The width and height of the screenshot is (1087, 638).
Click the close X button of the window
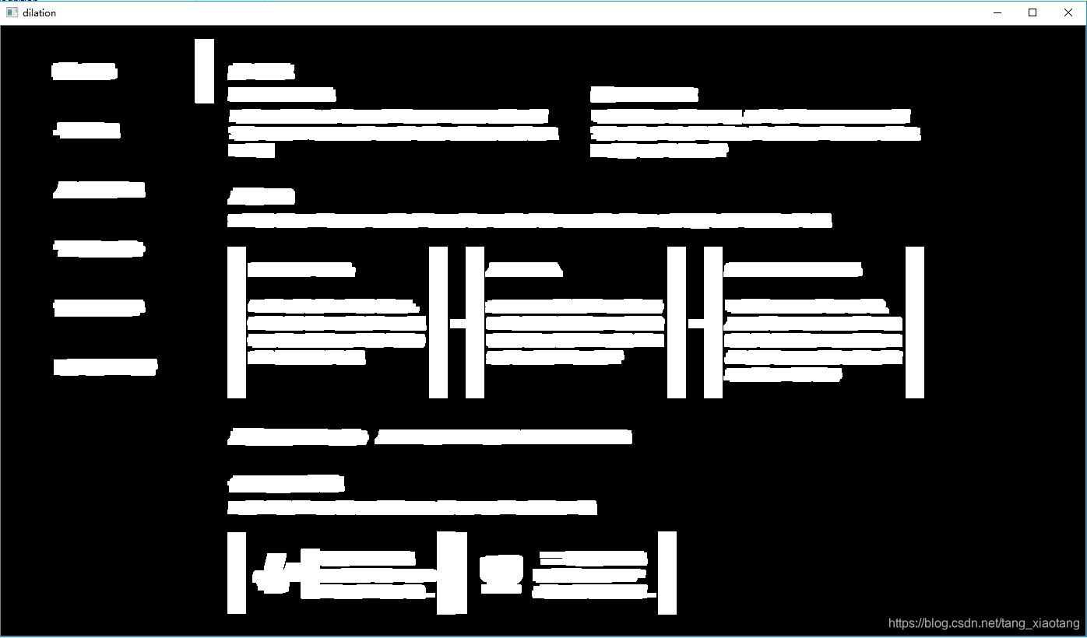[1068, 12]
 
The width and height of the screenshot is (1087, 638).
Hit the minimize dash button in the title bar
[998, 12]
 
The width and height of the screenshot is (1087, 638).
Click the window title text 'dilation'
[39, 12]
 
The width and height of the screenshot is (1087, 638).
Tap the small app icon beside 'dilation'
[12, 12]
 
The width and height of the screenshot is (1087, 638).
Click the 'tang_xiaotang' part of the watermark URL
[1042, 623]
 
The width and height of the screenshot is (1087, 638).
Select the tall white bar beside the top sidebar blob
[204, 71]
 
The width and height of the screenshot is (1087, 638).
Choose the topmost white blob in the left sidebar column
[84, 72]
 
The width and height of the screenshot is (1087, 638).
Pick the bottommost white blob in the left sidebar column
[105, 366]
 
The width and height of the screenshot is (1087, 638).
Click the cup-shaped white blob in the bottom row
[501, 570]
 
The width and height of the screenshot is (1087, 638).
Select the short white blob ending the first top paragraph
[251, 150]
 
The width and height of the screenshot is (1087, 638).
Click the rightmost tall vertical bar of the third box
[915, 322]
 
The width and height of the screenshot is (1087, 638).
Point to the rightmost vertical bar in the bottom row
[667, 573]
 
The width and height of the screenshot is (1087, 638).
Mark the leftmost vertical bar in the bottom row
[236, 573]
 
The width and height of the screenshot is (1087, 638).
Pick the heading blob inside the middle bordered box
[523, 270]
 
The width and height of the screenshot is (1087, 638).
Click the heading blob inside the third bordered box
[793, 270]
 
